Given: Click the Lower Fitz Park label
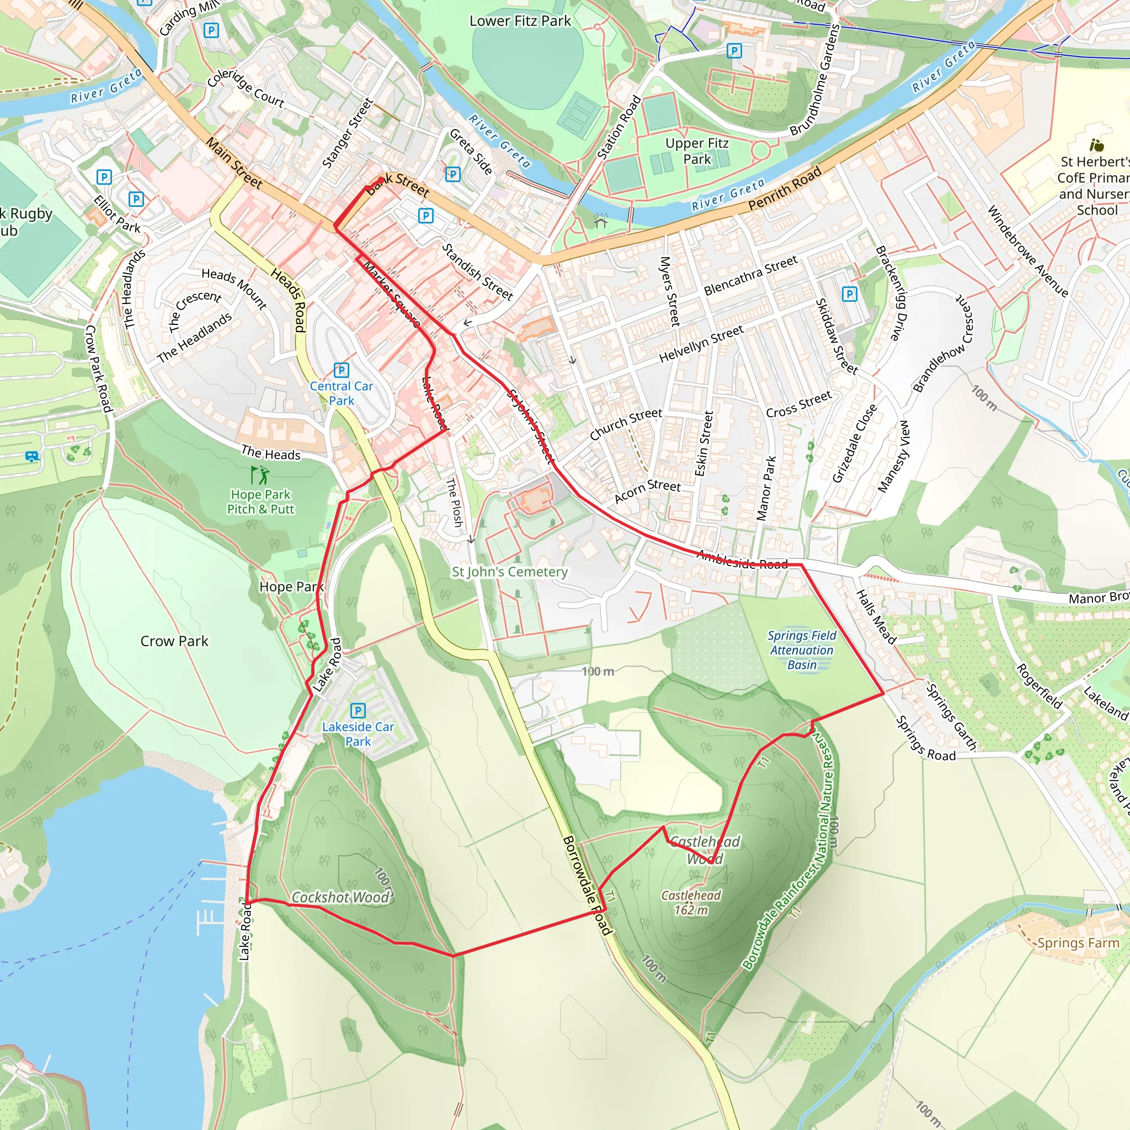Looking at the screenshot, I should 520,21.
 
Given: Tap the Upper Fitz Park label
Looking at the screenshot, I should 697,151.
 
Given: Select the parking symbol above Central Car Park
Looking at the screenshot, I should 341,370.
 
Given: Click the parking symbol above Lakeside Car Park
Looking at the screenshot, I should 358,711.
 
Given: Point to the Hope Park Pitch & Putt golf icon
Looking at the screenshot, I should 260,474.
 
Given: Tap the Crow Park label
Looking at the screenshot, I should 174,641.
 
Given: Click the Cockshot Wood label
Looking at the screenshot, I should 341,897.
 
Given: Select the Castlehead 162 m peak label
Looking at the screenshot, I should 691,903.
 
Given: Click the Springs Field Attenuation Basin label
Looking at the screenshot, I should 801,650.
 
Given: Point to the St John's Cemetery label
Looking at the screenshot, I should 509,572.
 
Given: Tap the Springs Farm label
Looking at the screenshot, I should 1078,943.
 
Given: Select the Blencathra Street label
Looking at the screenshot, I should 750,275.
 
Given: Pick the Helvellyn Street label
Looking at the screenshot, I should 701,343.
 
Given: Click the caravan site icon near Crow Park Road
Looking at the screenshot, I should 32,456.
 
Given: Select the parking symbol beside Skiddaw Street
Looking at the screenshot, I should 849,294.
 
